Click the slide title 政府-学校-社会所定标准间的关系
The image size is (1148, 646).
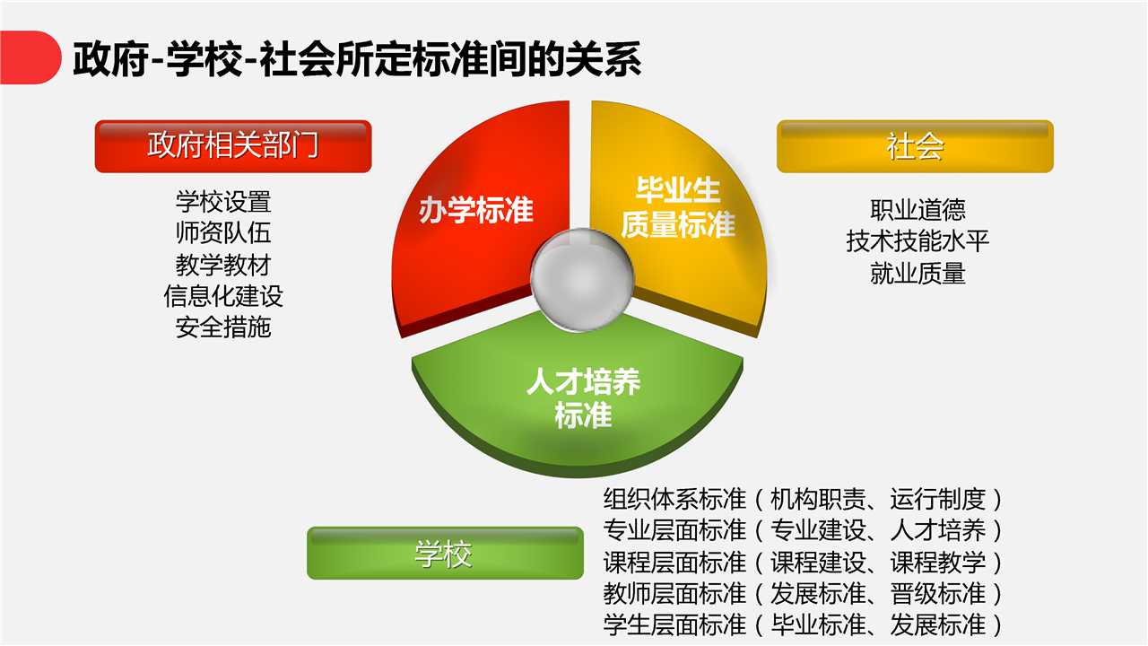pos(357,59)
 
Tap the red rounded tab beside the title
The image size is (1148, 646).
pos(30,57)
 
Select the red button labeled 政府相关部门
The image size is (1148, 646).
pos(233,146)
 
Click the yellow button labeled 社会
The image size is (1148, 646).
pos(916,146)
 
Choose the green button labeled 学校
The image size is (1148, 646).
pos(445,554)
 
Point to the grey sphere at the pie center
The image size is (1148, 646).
pos(582,279)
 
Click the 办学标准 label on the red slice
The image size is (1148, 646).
pos(476,210)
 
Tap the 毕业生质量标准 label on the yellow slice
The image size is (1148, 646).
pos(678,207)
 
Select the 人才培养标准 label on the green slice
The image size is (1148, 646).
pos(583,397)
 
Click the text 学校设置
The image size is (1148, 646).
pos(223,202)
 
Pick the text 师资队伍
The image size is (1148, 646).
pos(223,232)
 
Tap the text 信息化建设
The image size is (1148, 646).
pos(223,296)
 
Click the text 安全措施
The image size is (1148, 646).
pos(223,327)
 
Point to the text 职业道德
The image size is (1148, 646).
pos(918,210)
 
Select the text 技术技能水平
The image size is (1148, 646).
pos(918,241)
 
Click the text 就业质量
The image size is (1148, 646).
pos(918,273)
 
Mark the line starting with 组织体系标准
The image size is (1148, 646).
pos(803,499)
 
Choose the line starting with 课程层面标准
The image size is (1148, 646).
pos(803,562)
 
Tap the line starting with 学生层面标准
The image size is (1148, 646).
pos(803,625)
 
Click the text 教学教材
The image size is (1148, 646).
pos(223,265)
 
